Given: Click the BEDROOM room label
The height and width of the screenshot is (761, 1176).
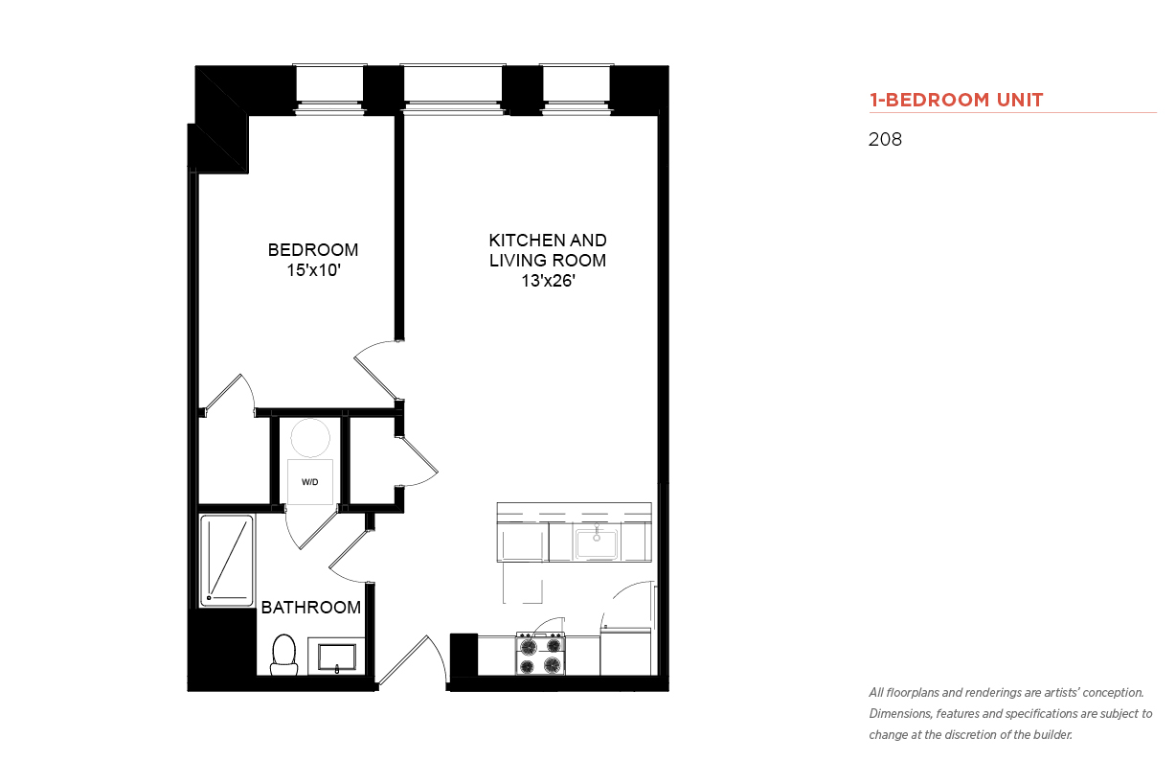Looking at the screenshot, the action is tap(313, 249).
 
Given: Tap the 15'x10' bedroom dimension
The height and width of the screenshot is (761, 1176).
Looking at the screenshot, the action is tap(313, 270).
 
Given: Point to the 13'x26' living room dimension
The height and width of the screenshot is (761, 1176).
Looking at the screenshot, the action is tap(548, 281).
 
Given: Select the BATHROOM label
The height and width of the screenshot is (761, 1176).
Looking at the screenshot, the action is tap(311, 608).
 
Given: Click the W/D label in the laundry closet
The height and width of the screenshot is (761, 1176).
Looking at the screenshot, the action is tap(309, 482).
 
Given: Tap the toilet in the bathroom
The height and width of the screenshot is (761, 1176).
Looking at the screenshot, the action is tap(284, 655).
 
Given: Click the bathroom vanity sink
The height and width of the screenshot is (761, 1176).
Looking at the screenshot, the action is tap(336, 657).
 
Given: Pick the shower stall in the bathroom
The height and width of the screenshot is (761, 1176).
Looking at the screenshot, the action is tap(227, 561).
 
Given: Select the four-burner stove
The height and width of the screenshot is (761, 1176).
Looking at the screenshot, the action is tap(540, 654).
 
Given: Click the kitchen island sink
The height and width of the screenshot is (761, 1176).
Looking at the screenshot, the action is tap(597, 543).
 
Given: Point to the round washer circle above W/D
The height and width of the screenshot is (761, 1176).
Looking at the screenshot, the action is tap(310, 438).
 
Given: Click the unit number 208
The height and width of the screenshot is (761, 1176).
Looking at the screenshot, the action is tap(885, 139).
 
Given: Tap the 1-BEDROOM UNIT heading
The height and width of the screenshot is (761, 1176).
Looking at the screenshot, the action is tap(956, 100).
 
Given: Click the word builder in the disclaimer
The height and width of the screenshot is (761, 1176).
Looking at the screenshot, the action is tap(1052, 735).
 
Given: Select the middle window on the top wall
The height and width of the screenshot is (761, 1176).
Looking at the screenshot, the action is tap(453, 89).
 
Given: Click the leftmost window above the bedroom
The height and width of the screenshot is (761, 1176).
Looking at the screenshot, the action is tap(329, 89).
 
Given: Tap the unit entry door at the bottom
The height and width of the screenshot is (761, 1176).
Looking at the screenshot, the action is tap(412, 660).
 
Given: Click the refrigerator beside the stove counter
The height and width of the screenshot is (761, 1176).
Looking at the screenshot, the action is tap(625, 652).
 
